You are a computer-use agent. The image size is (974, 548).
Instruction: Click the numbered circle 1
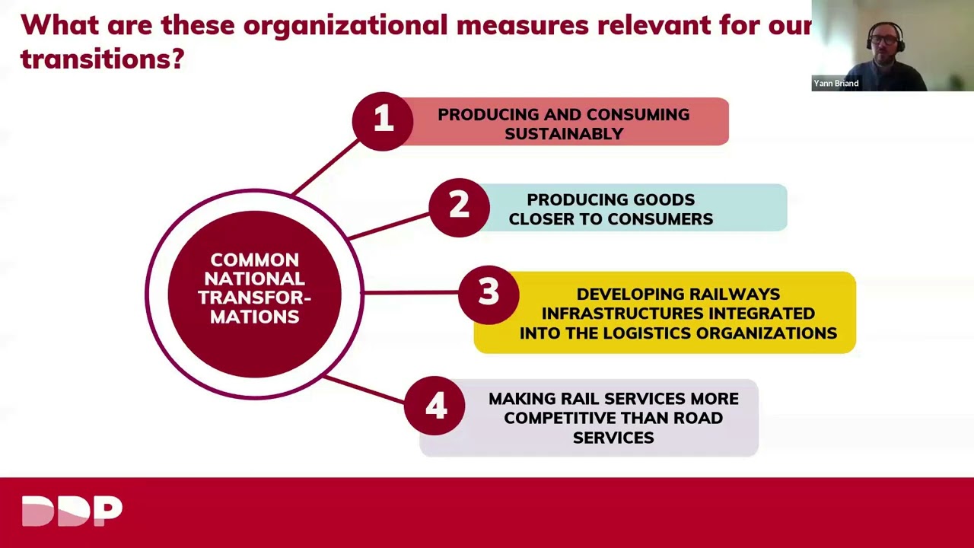pyautogui.click(x=383, y=121)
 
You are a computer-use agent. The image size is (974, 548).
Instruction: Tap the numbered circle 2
pyautogui.click(x=459, y=208)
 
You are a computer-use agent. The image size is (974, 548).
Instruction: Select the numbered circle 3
pyautogui.click(x=489, y=295)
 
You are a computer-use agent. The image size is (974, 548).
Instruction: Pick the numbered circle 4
pyautogui.click(x=434, y=406)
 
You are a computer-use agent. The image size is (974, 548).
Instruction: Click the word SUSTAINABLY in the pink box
pyautogui.click(x=564, y=133)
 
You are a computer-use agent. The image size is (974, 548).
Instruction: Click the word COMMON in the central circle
pyautogui.click(x=255, y=260)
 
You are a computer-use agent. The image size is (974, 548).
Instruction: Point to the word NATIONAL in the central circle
pyautogui.click(x=254, y=279)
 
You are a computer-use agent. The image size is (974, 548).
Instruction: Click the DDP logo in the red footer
pyautogui.click(x=72, y=511)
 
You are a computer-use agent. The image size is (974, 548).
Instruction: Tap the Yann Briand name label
pyautogui.click(x=836, y=83)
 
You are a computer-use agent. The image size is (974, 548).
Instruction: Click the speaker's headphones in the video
pyautogui.click(x=885, y=37)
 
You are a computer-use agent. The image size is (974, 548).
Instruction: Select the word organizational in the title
pyautogui.click(x=345, y=25)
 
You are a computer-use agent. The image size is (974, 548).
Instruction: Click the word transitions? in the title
pyautogui.click(x=103, y=59)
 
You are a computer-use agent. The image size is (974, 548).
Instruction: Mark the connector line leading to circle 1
pyautogui.click(x=326, y=167)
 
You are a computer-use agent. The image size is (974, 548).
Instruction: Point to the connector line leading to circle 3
pyautogui.click(x=411, y=293)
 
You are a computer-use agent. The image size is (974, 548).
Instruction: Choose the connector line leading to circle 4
pyautogui.click(x=364, y=390)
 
